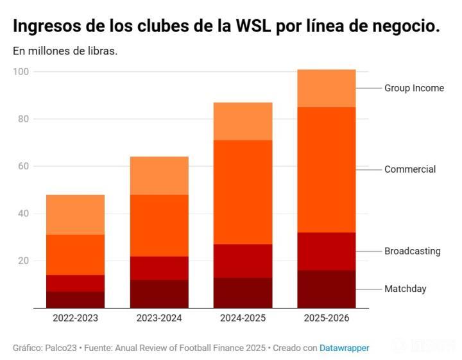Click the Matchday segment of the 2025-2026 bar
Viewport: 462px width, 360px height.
tap(326, 289)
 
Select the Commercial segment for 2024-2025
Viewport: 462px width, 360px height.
tap(243, 192)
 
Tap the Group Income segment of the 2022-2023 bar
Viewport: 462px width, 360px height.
tap(75, 214)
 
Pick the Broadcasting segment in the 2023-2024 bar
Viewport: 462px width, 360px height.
tap(159, 268)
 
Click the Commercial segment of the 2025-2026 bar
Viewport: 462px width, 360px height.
tap(326, 169)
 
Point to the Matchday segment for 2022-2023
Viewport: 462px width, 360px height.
tap(75, 300)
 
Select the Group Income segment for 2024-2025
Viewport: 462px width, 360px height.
tap(243, 121)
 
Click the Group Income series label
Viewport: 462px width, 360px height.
tap(414, 88)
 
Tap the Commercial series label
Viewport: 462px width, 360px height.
tap(410, 169)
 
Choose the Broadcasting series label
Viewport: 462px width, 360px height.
tap(413, 251)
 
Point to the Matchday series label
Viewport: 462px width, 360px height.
tap(405, 289)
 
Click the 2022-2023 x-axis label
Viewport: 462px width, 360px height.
tap(75, 318)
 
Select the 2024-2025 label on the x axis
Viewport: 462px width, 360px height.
tap(243, 318)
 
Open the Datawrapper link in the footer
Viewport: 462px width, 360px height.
tap(345, 348)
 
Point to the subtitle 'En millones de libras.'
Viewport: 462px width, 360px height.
tap(65, 51)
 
